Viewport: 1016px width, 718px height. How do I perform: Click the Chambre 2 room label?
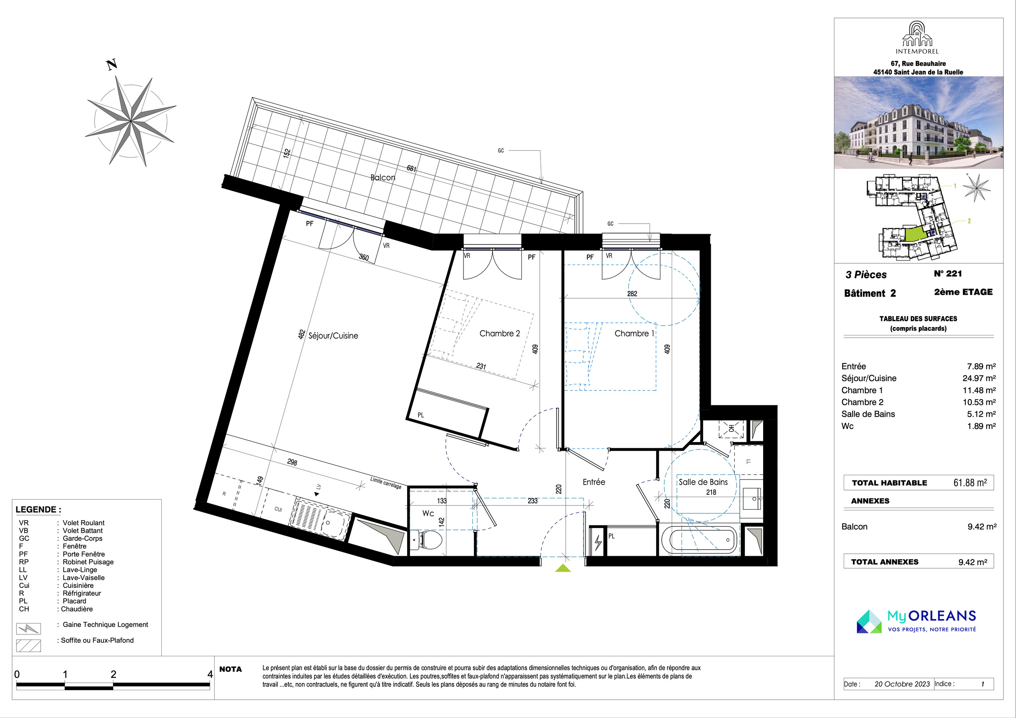click(x=499, y=333)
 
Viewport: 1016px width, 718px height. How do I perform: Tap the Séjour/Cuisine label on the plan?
click(x=333, y=335)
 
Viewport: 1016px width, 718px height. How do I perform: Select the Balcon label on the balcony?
click(x=383, y=177)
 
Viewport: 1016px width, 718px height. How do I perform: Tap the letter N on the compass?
click(x=112, y=64)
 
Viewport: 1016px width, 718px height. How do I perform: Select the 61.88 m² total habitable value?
click(x=970, y=482)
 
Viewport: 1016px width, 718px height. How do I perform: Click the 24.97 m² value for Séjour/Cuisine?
click(x=979, y=378)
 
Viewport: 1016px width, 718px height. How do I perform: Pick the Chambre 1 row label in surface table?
click(x=862, y=390)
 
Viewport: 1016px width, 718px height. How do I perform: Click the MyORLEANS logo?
click(x=916, y=621)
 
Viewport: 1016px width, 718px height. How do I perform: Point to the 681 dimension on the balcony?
click(x=411, y=168)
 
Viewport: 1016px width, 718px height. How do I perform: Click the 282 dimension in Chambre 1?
click(x=632, y=294)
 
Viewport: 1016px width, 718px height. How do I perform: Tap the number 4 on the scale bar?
click(x=210, y=674)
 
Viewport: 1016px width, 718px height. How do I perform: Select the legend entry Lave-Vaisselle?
click(x=84, y=577)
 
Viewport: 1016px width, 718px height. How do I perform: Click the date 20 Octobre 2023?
click(x=902, y=684)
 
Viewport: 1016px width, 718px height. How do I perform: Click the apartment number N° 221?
click(x=948, y=274)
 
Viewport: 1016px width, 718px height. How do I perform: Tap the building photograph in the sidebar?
click(x=919, y=123)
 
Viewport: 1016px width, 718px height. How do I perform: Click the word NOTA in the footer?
click(x=231, y=669)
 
